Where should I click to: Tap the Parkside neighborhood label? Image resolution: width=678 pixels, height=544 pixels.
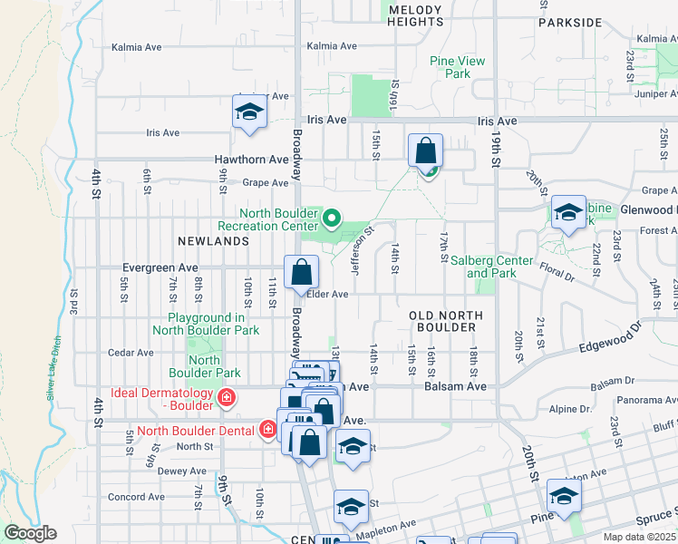tap(569, 22)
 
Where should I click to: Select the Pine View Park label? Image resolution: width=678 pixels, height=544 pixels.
tap(457, 67)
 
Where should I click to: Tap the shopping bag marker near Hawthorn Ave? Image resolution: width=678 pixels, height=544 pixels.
tap(425, 150)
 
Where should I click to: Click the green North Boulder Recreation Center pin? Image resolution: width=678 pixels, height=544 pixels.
tap(332, 218)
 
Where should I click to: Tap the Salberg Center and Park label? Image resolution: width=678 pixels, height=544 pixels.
tap(492, 267)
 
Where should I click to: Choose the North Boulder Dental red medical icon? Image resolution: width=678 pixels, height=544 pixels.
tap(267, 430)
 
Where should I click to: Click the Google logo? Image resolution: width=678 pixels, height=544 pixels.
tap(29, 533)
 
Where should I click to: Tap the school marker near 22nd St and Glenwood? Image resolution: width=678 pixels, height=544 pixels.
tap(568, 213)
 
